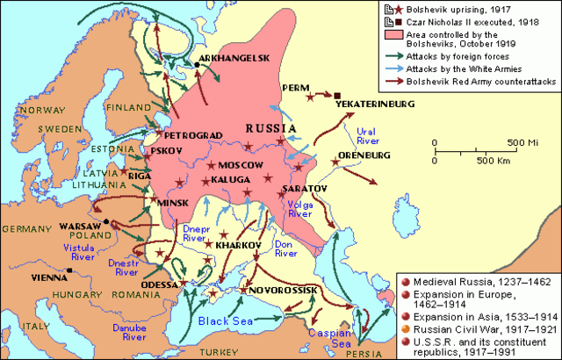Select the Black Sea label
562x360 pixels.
pyautogui.click(x=226, y=320)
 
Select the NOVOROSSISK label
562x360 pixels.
pyautogui.click(x=284, y=289)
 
